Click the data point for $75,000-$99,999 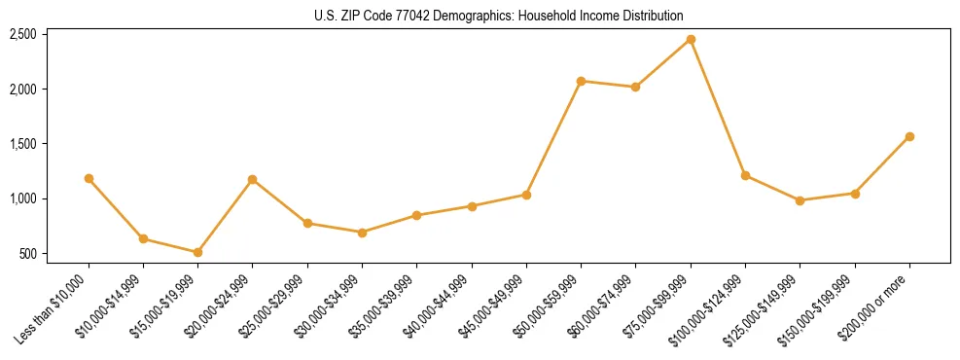pos(691,39)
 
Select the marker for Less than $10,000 pos(89,178)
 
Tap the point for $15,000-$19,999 pos(197,252)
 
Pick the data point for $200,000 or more pos(909,136)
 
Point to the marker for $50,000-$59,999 pos(581,81)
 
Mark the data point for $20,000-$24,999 pos(252,179)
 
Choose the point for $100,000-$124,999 pos(745,175)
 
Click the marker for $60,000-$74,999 pos(635,87)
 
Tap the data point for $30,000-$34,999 pos(362,233)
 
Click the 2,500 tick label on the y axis pos(22,34)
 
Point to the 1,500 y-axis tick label pos(22,144)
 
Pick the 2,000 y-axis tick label pos(22,90)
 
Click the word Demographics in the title pos(462,17)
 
